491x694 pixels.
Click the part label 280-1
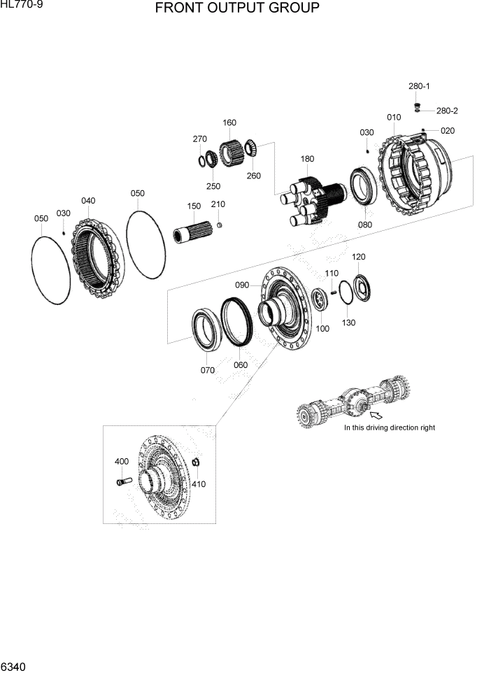click(419, 86)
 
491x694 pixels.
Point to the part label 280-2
click(447, 111)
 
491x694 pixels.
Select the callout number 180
click(307, 160)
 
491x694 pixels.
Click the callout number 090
click(242, 285)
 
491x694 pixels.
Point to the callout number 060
click(240, 364)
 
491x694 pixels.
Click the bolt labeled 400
click(124, 481)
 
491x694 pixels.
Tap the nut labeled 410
click(197, 462)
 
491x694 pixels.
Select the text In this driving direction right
click(389, 427)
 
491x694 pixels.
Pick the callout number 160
click(229, 123)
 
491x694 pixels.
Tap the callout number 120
click(358, 257)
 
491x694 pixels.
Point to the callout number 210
click(218, 204)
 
